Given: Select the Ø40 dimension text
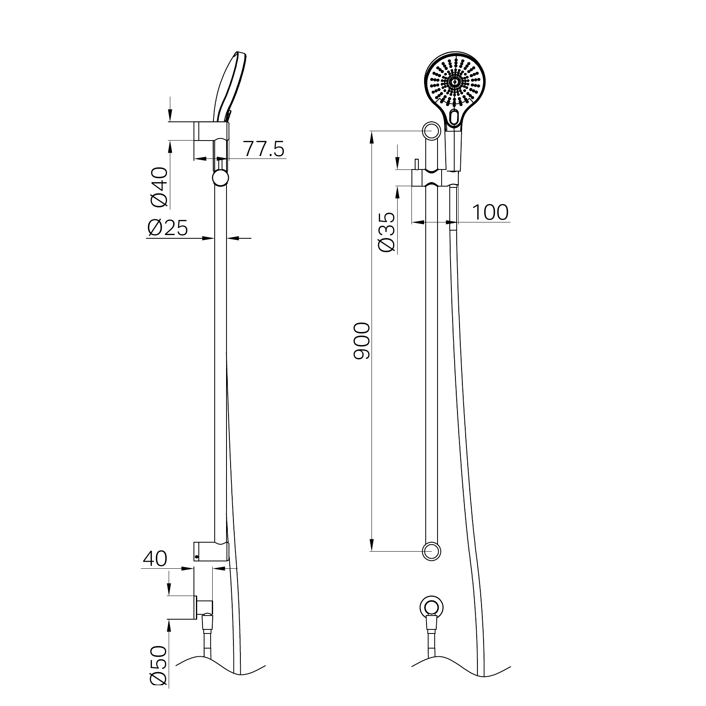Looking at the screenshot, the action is click(x=159, y=187).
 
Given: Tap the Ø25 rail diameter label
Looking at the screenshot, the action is click(x=168, y=228).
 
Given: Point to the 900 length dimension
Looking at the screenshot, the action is click(x=362, y=341).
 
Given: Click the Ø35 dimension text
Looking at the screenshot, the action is click(x=387, y=233).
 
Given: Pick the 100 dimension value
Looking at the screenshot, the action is click(x=490, y=212).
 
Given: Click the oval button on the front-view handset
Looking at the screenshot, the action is click(x=454, y=117).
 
